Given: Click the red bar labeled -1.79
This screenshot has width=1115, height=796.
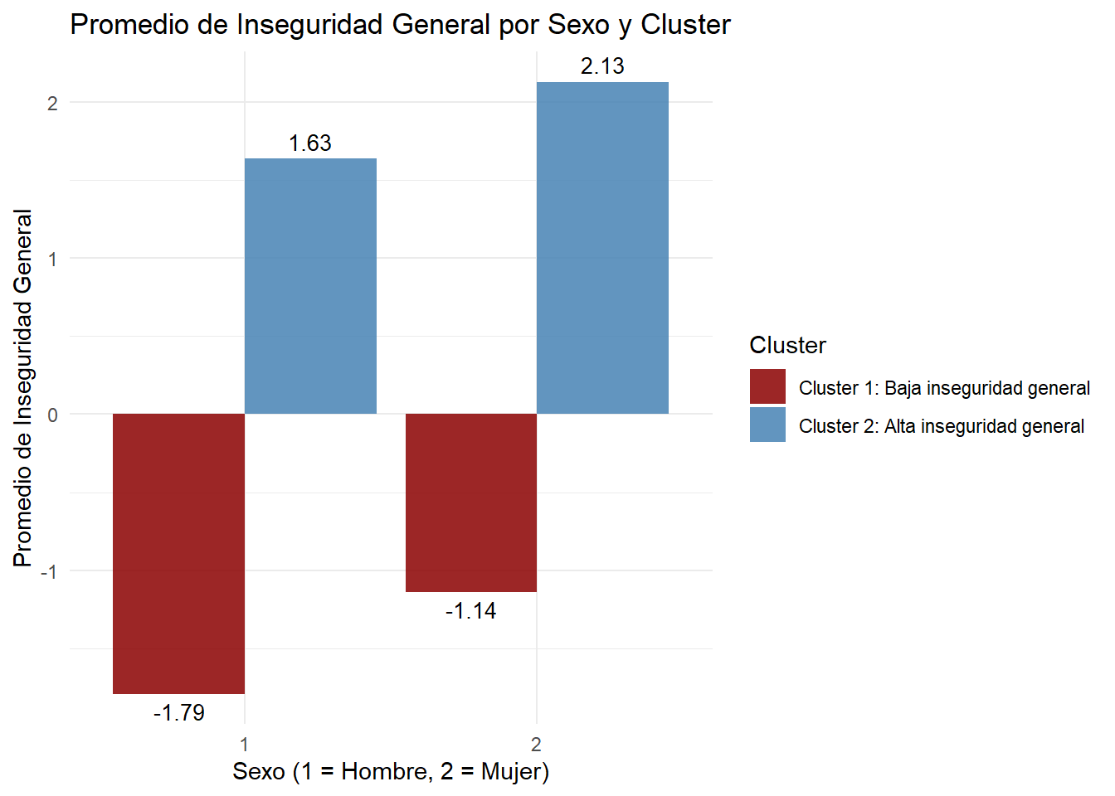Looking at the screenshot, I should [178, 553].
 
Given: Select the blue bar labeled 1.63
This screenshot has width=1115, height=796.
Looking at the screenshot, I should [310, 286].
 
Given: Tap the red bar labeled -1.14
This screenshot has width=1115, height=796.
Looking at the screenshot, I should [470, 502].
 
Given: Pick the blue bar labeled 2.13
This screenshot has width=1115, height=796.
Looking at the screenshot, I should [602, 248].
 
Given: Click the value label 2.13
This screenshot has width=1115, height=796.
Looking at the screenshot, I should [602, 66].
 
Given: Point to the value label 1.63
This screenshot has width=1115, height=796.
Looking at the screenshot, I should [310, 143].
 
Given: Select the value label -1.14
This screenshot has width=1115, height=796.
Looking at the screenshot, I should [470, 611].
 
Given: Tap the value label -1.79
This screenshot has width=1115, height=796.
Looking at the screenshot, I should [178, 712].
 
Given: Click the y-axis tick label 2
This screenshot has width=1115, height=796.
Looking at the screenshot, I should [52, 104].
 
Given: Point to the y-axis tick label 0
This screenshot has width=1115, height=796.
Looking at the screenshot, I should [52, 415].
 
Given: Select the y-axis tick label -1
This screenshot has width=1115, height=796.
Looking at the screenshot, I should [50, 571].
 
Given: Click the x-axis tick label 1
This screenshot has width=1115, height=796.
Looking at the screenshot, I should [245, 744].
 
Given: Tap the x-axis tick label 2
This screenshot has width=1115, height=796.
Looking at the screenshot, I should [537, 744].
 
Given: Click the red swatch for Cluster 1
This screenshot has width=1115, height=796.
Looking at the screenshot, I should [767, 387].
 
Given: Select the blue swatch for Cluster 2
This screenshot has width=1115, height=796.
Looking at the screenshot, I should [767, 425].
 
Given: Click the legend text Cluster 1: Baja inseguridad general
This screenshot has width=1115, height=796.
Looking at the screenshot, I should [944, 388].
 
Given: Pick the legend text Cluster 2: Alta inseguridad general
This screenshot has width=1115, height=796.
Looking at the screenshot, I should [942, 426].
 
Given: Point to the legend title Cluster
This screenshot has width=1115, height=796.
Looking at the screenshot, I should [787, 345].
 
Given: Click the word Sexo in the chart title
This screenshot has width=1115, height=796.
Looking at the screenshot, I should [578, 25].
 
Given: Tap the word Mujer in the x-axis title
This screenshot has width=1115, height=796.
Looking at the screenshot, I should [511, 772].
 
